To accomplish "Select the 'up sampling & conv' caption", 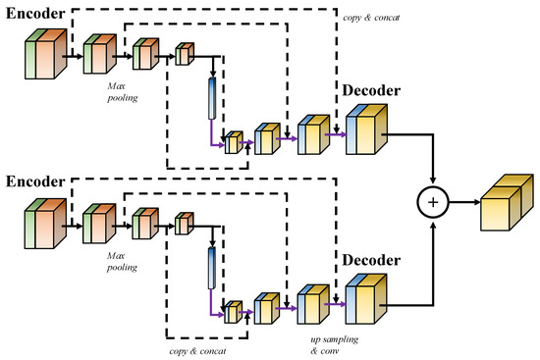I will (321, 342).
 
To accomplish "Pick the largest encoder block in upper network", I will (44, 56).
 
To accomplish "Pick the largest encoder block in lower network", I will (44, 224).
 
